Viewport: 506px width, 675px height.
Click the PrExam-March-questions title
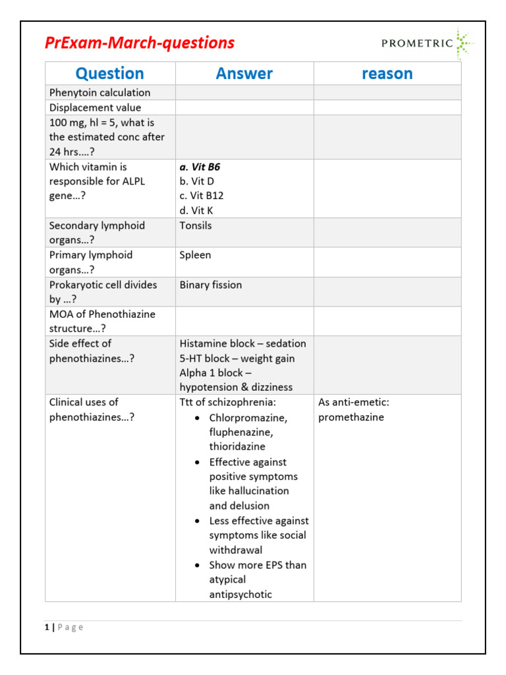[139, 43]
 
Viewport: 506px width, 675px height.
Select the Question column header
[109, 73]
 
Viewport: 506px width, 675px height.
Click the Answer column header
[244, 73]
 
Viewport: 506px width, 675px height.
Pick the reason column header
[387, 73]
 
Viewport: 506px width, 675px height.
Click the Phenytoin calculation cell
[99, 92]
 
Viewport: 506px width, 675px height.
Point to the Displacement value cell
[95, 107]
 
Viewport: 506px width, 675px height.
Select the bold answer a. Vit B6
[200, 167]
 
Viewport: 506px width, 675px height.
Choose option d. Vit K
[196, 211]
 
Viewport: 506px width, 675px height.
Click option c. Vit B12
[201, 196]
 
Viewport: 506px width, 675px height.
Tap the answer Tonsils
[196, 225]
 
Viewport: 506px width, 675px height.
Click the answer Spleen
[195, 255]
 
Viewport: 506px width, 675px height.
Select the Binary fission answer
[210, 285]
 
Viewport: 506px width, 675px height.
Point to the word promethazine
[351, 417]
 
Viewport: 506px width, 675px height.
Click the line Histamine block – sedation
[242, 343]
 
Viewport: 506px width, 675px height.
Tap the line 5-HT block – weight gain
[237, 359]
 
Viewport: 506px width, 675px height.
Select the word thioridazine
[237, 446]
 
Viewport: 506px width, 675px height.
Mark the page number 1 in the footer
[47, 627]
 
